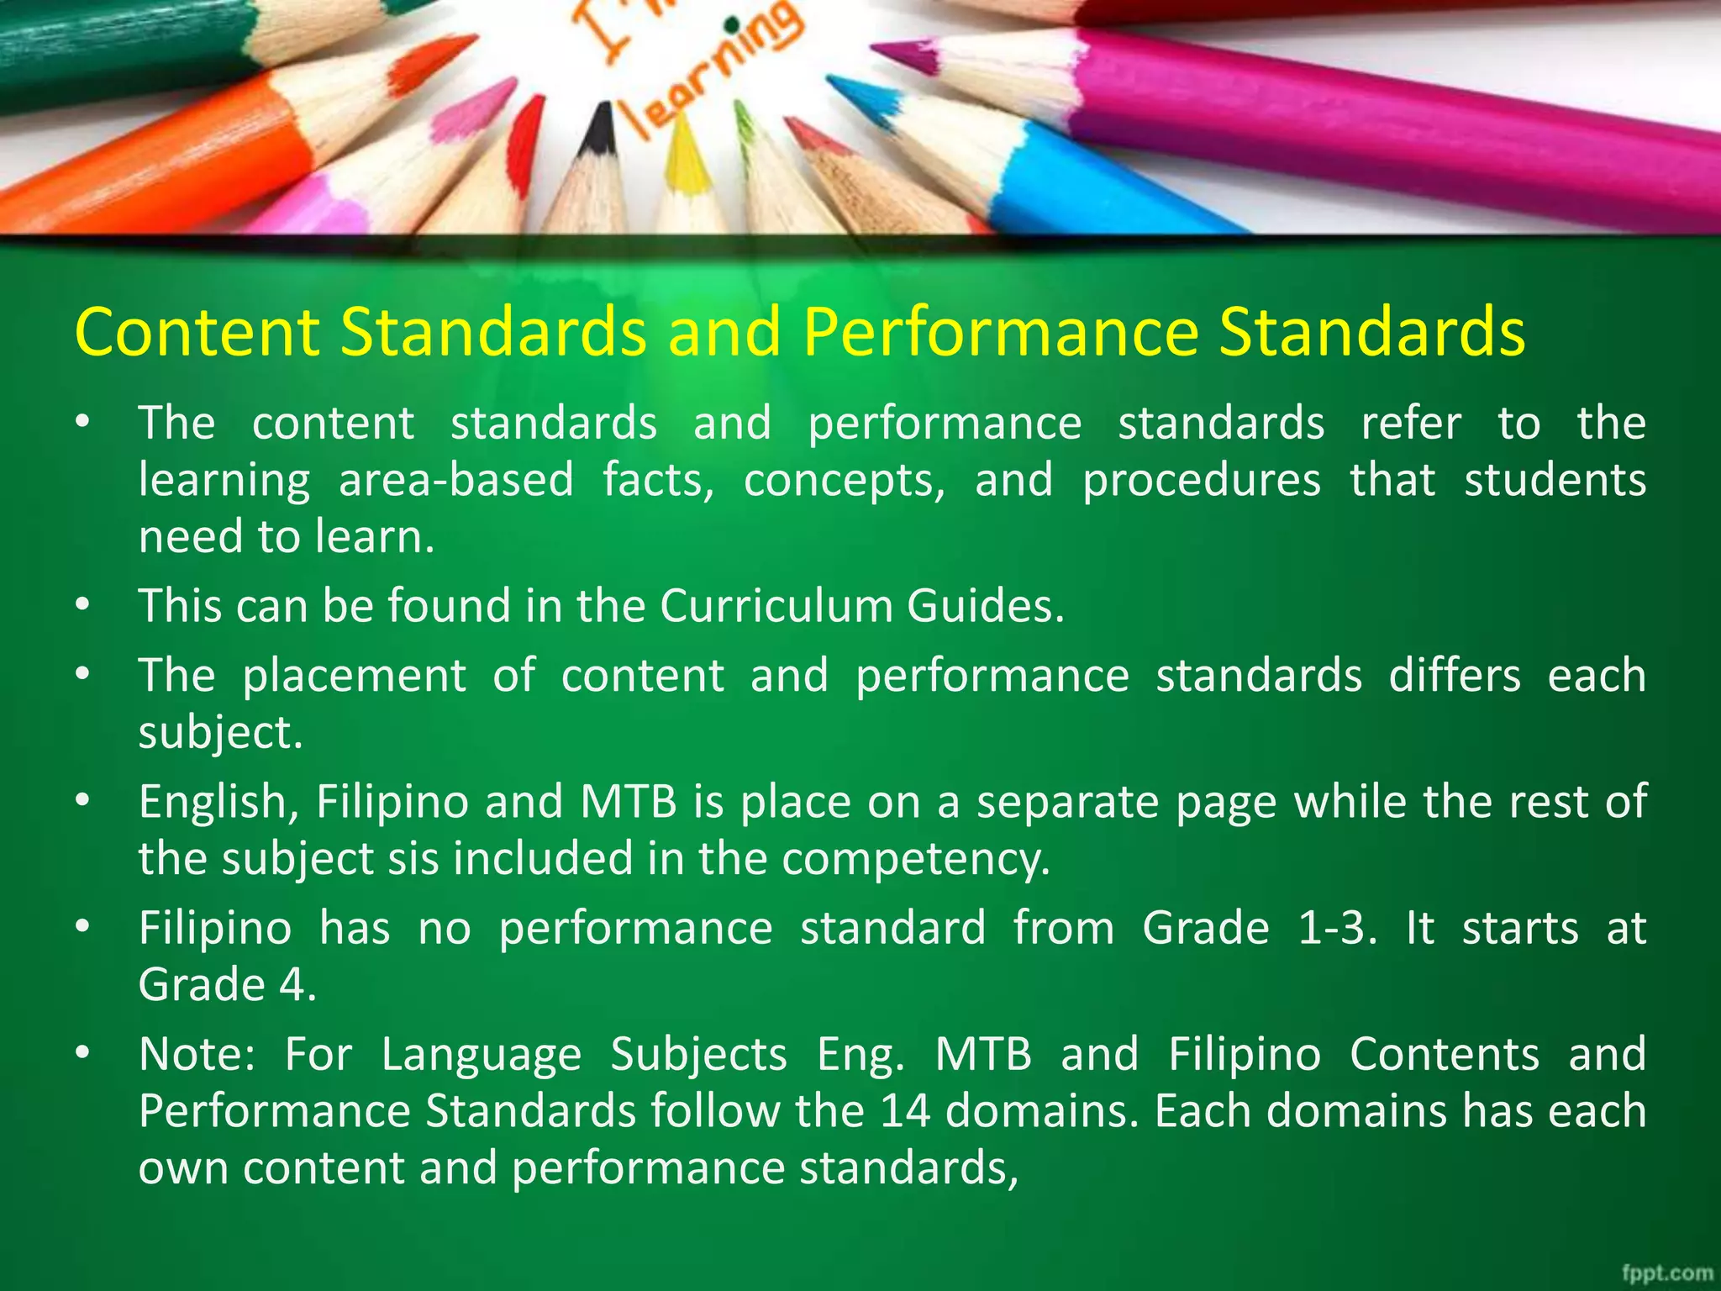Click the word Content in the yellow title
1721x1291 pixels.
(x=197, y=332)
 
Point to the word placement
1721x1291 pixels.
(x=354, y=676)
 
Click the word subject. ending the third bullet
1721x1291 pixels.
(x=220, y=733)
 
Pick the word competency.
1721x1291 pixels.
(x=916, y=859)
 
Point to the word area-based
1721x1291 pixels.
(x=456, y=481)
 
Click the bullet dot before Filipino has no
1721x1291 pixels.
(x=82, y=927)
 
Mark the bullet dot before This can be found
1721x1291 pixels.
(x=82, y=604)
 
